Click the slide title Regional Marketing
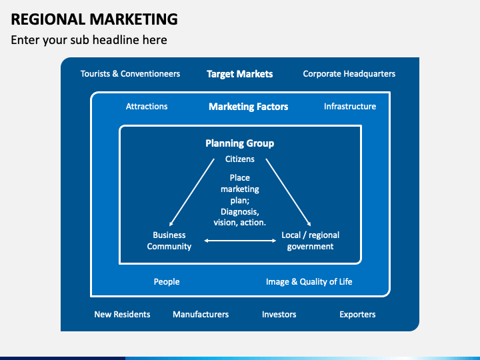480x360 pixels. pyautogui.click(x=94, y=19)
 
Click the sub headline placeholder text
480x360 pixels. pyautogui.click(x=89, y=40)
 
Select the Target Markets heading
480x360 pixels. pyautogui.click(x=239, y=74)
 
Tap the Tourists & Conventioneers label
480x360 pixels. pyautogui.click(x=130, y=74)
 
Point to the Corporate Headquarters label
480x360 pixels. pyautogui.click(x=349, y=74)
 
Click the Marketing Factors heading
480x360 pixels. pyautogui.click(x=248, y=107)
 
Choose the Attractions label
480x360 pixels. pyautogui.click(x=147, y=107)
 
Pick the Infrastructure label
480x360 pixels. pyautogui.click(x=349, y=107)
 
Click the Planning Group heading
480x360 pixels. pyautogui.click(x=239, y=143)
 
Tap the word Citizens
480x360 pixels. pyautogui.click(x=239, y=159)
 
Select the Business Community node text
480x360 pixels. pyautogui.click(x=169, y=241)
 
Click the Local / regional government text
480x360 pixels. pyautogui.click(x=310, y=241)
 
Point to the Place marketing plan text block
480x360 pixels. pyautogui.click(x=239, y=200)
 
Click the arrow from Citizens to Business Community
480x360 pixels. pyautogui.click(x=191, y=193)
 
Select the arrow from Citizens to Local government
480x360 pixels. pyautogui.click(x=289, y=193)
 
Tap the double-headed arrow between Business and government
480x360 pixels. pyautogui.click(x=240, y=241)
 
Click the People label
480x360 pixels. pyautogui.click(x=167, y=281)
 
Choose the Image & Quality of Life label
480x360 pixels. pyautogui.click(x=309, y=281)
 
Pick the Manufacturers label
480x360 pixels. pyautogui.click(x=201, y=314)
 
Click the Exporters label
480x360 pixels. pyautogui.click(x=357, y=314)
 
